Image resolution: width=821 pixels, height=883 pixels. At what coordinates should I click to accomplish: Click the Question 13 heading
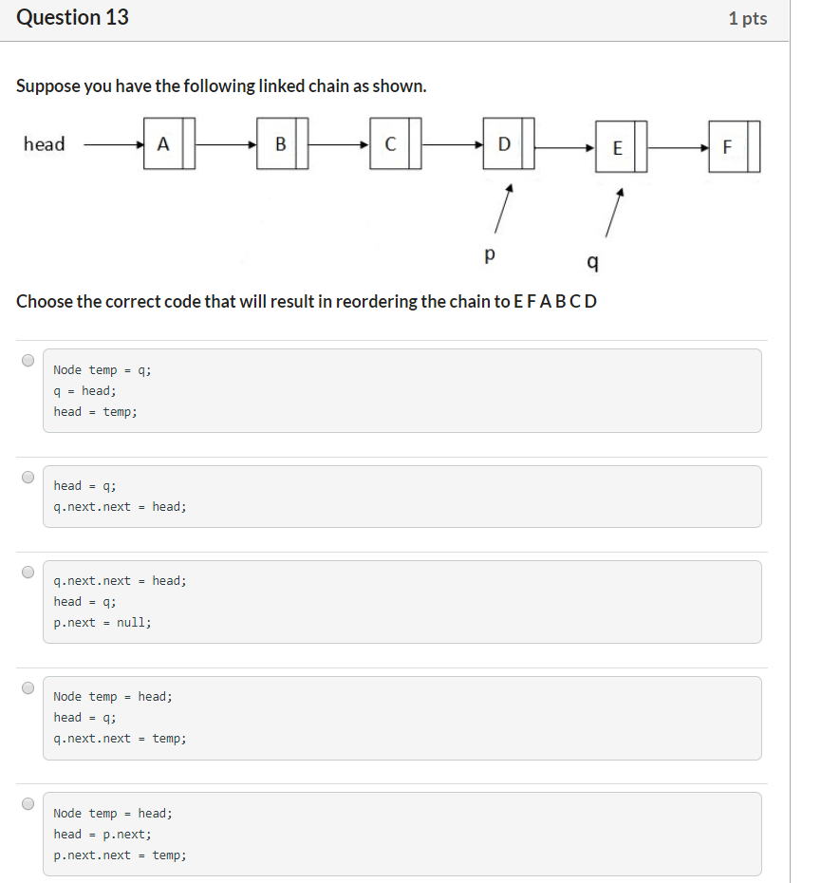[x=73, y=18]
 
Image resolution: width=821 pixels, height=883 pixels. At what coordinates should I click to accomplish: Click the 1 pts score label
[x=747, y=19]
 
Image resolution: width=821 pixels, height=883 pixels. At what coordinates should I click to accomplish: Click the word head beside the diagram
[x=45, y=144]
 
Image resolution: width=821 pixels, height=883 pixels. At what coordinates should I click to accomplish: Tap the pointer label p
[x=489, y=254]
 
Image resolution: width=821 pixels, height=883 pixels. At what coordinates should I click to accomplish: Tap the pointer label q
[x=593, y=261]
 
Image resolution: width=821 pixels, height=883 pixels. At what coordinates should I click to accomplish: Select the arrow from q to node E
[x=614, y=213]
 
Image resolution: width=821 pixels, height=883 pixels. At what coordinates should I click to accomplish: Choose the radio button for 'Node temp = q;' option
[x=28, y=360]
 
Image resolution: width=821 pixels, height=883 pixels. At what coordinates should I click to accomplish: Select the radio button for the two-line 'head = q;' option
[x=28, y=477]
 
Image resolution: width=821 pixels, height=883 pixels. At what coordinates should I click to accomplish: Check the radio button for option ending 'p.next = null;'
[x=28, y=572]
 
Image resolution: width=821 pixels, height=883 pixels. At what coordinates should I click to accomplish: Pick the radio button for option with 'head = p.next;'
[x=28, y=803]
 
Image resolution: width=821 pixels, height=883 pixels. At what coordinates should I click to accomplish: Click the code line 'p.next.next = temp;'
[x=120, y=855]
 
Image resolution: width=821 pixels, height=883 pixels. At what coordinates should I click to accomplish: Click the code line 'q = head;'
[x=85, y=390]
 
